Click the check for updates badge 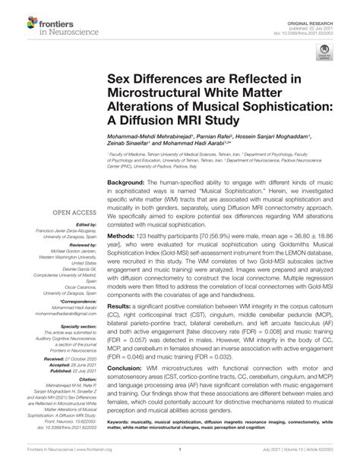coord(325,54)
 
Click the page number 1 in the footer coord(179,460)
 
